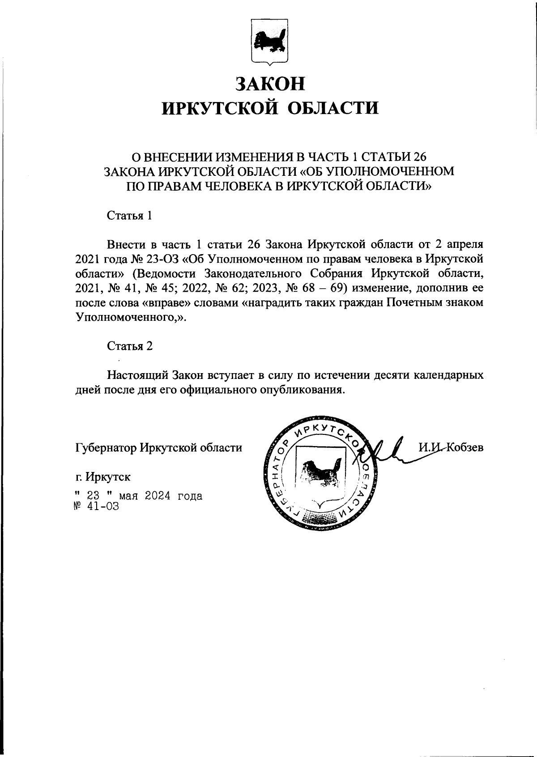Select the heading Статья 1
129,216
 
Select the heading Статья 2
129,346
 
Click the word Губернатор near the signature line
106,447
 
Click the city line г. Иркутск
103,477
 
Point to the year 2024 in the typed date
158,496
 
